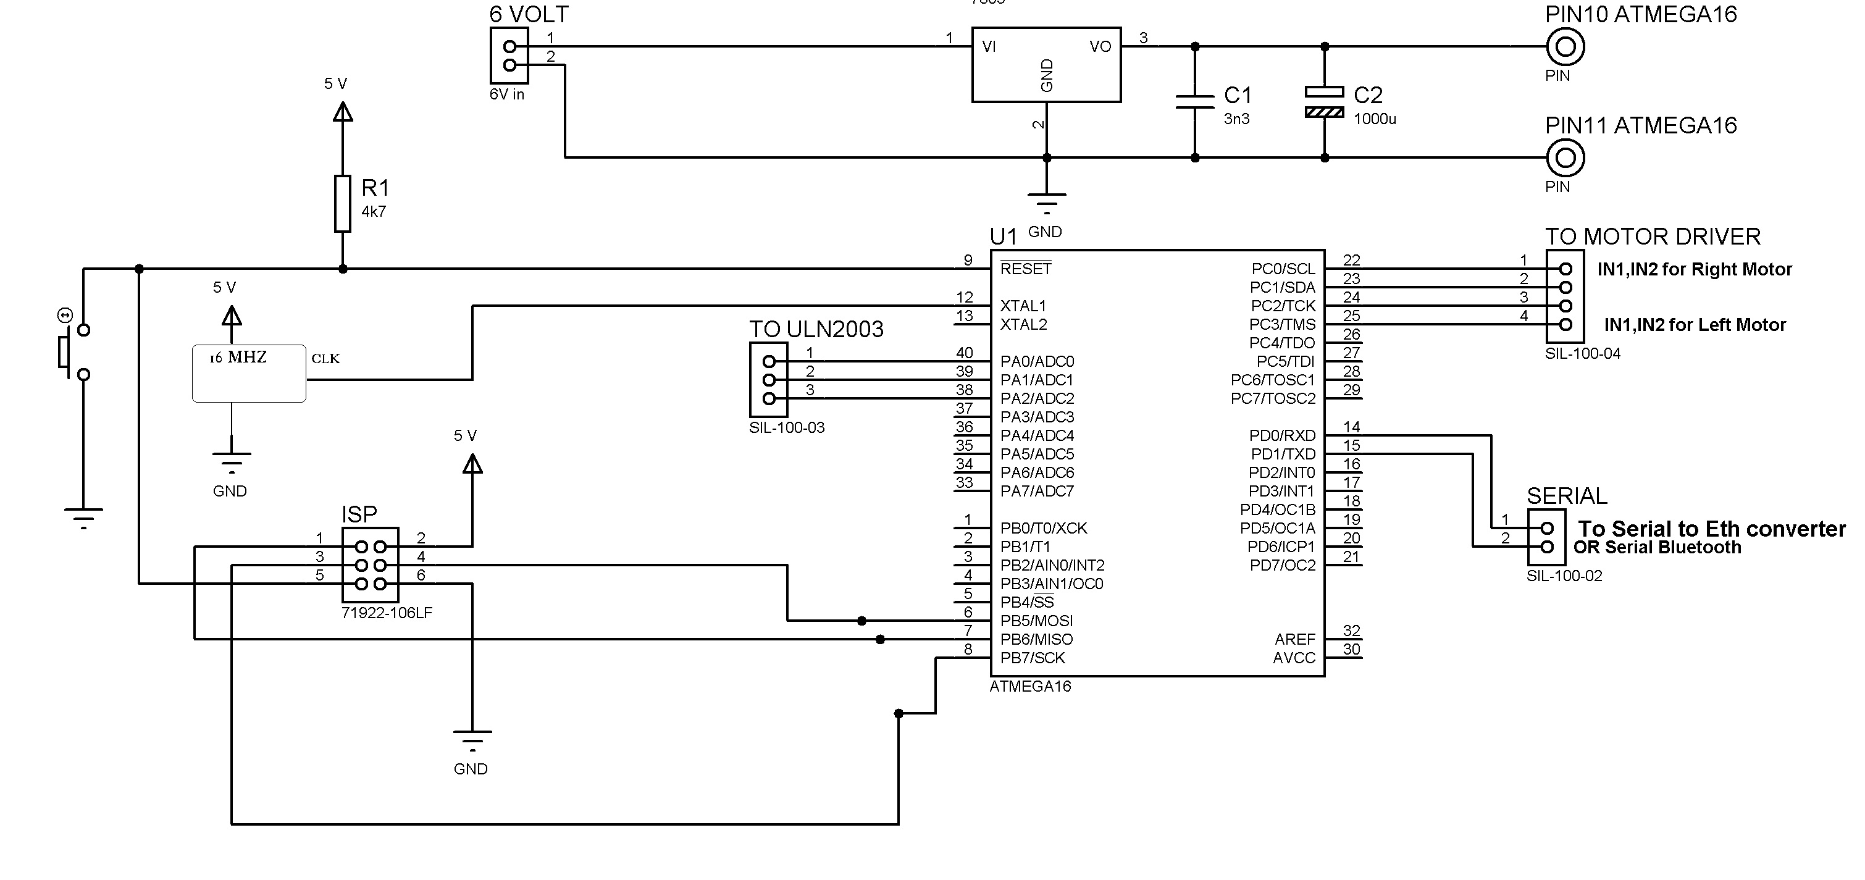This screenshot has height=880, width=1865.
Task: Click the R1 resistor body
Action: [x=343, y=204]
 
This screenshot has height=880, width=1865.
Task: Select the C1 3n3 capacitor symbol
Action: [x=1194, y=101]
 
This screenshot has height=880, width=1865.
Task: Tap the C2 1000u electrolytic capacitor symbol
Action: [x=1324, y=101]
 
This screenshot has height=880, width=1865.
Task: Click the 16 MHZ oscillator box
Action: [x=248, y=374]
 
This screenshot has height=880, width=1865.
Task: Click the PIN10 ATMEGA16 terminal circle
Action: [x=1565, y=47]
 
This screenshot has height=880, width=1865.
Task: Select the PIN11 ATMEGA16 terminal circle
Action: [x=1565, y=158]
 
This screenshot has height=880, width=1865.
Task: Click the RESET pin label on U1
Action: [x=1025, y=269]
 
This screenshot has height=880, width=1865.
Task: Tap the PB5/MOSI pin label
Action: [x=1036, y=621]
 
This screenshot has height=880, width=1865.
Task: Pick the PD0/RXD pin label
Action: [x=1282, y=436]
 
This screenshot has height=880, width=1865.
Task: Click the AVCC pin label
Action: [x=1294, y=658]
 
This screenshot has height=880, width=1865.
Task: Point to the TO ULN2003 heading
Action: [x=816, y=330]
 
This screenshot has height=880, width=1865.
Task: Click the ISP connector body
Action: [x=370, y=565]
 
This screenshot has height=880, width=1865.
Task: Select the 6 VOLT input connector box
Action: [x=509, y=56]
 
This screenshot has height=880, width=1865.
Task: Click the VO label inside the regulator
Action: [x=1100, y=47]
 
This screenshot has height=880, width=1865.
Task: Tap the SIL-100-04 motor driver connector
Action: [x=1564, y=297]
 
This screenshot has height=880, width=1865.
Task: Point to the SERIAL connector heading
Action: [x=1567, y=496]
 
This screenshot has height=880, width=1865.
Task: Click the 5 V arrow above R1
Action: [x=343, y=112]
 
